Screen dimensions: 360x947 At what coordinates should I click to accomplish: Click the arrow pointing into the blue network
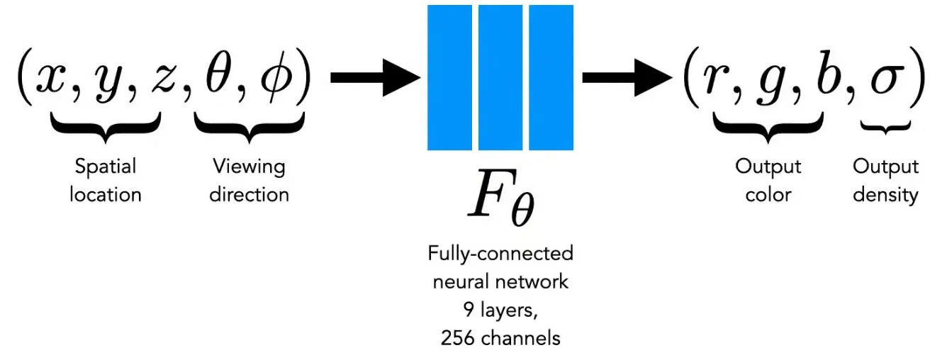click(376, 78)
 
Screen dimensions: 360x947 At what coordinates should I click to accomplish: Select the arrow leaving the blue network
click(627, 78)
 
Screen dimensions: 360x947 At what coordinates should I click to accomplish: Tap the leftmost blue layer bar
click(449, 78)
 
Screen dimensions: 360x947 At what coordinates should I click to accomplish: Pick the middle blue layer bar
click(500, 78)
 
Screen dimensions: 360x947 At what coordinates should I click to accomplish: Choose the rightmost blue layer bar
click(551, 78)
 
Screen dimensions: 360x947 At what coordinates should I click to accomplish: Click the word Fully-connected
click(500, 253)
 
